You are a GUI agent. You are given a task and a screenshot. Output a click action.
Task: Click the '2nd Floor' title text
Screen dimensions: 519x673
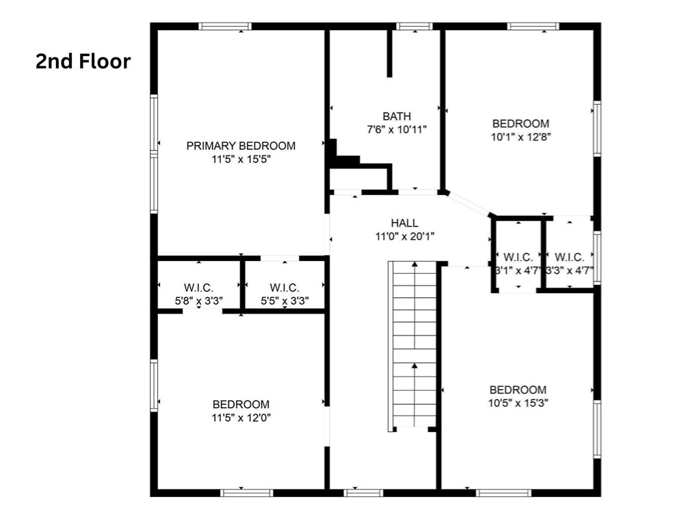click(83, 62)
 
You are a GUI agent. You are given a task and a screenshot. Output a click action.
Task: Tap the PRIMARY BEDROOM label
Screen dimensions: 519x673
click(241, 146)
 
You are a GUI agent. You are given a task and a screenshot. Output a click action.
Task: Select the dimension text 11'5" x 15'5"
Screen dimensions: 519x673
click(241, 159)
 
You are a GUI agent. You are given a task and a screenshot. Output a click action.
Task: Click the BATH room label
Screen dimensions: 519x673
click(397, 116)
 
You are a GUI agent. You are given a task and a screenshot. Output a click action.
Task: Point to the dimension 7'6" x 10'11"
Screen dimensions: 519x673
click(397, 129)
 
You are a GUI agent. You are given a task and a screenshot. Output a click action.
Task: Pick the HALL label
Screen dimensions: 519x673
click(404, 223)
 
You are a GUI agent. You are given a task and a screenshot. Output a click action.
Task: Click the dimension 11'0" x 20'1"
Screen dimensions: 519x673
click(404, 236)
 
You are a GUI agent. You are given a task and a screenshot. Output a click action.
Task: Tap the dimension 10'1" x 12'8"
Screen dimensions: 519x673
click(520, 136)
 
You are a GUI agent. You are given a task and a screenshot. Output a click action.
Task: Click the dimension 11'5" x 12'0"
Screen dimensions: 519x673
click(241, 417)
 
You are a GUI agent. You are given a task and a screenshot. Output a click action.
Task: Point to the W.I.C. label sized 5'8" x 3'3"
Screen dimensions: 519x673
click(198, 288)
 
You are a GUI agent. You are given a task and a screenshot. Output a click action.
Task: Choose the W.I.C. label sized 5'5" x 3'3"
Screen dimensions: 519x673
click(285, 288)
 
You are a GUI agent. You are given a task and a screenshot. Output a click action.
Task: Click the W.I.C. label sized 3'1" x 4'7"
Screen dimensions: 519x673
click(518, 257)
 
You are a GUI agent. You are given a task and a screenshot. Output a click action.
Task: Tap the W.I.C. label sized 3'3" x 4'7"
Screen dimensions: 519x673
click(569, 257)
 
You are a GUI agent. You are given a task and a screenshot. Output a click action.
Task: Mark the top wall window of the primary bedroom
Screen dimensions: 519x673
click(225, 27)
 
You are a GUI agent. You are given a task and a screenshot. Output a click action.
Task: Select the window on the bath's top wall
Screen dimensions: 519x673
click(414, 27)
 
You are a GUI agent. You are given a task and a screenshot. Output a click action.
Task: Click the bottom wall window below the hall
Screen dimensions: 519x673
click(362, 492)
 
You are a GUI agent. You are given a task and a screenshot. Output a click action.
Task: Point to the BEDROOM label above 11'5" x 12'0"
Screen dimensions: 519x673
click(241, 405)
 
